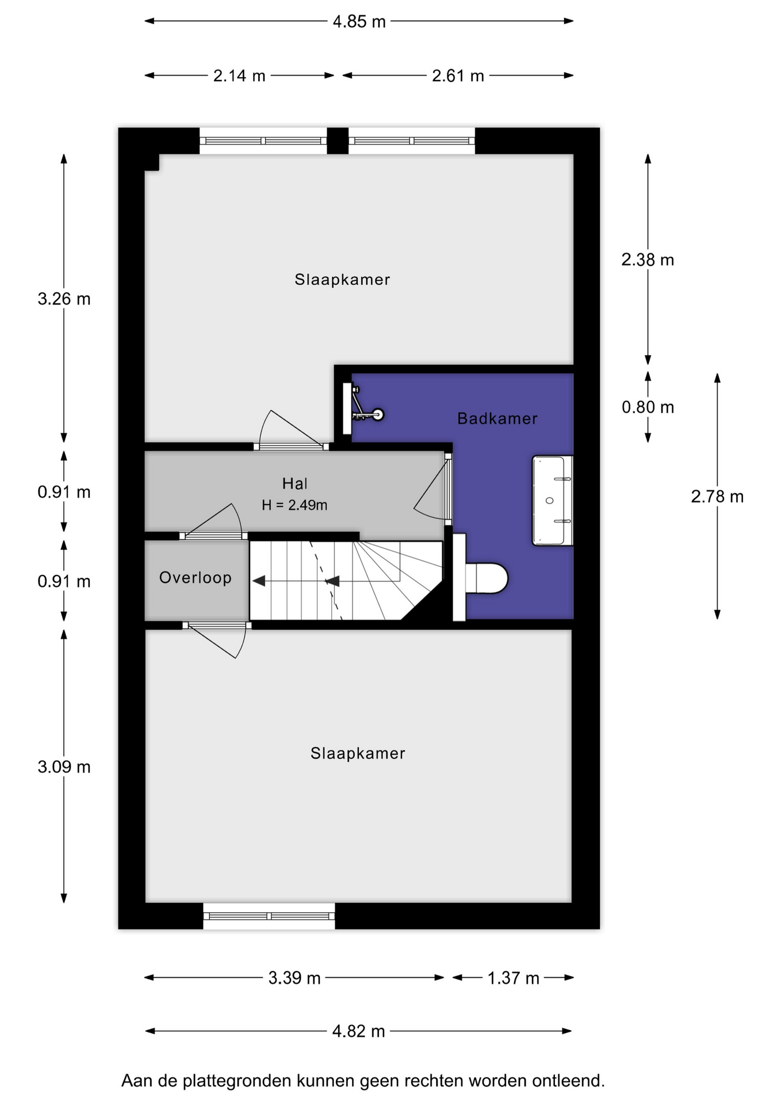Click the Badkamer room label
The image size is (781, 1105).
[497, 418]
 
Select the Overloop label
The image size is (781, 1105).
[196, 577]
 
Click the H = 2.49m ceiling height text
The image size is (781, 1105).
[294, 505]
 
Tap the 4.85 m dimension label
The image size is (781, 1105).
[359, 22]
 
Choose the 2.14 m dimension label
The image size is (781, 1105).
[239, 76]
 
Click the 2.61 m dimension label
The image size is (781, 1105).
[458, 76]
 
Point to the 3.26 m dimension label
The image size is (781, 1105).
[64, 299]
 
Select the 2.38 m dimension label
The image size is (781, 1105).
[648, 260]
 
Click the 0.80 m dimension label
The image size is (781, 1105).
[648, 407]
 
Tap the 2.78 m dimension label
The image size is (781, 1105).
[717, 497]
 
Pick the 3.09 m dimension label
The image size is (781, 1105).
[64, 767]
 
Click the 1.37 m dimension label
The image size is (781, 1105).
[514, 978]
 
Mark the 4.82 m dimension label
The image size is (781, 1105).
[359, 1031]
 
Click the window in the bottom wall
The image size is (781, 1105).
[269, 916]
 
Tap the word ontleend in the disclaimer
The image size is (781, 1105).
[566, 1081]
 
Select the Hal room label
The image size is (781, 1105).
[294, 483]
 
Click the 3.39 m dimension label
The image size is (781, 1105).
[294, 978]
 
